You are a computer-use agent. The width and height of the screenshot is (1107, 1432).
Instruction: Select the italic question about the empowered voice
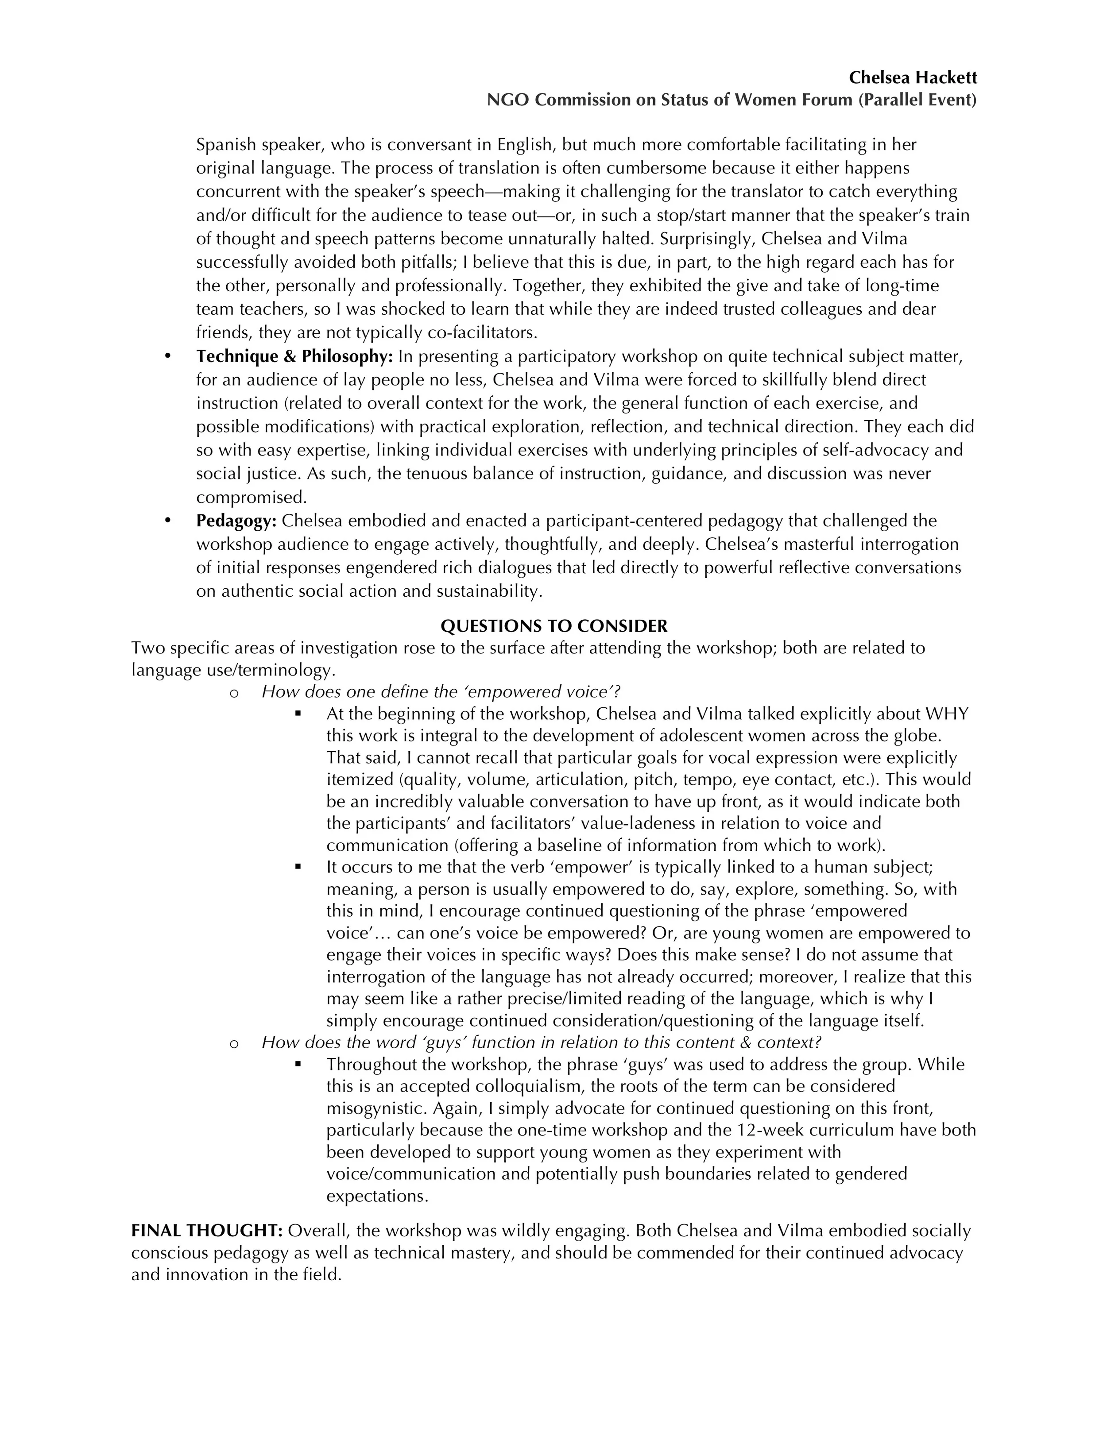(x=441, y=692)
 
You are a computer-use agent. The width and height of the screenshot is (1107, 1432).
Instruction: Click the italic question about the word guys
(x=541, y=1042)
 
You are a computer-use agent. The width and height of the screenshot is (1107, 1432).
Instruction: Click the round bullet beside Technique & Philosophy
(x=167, y=357)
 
